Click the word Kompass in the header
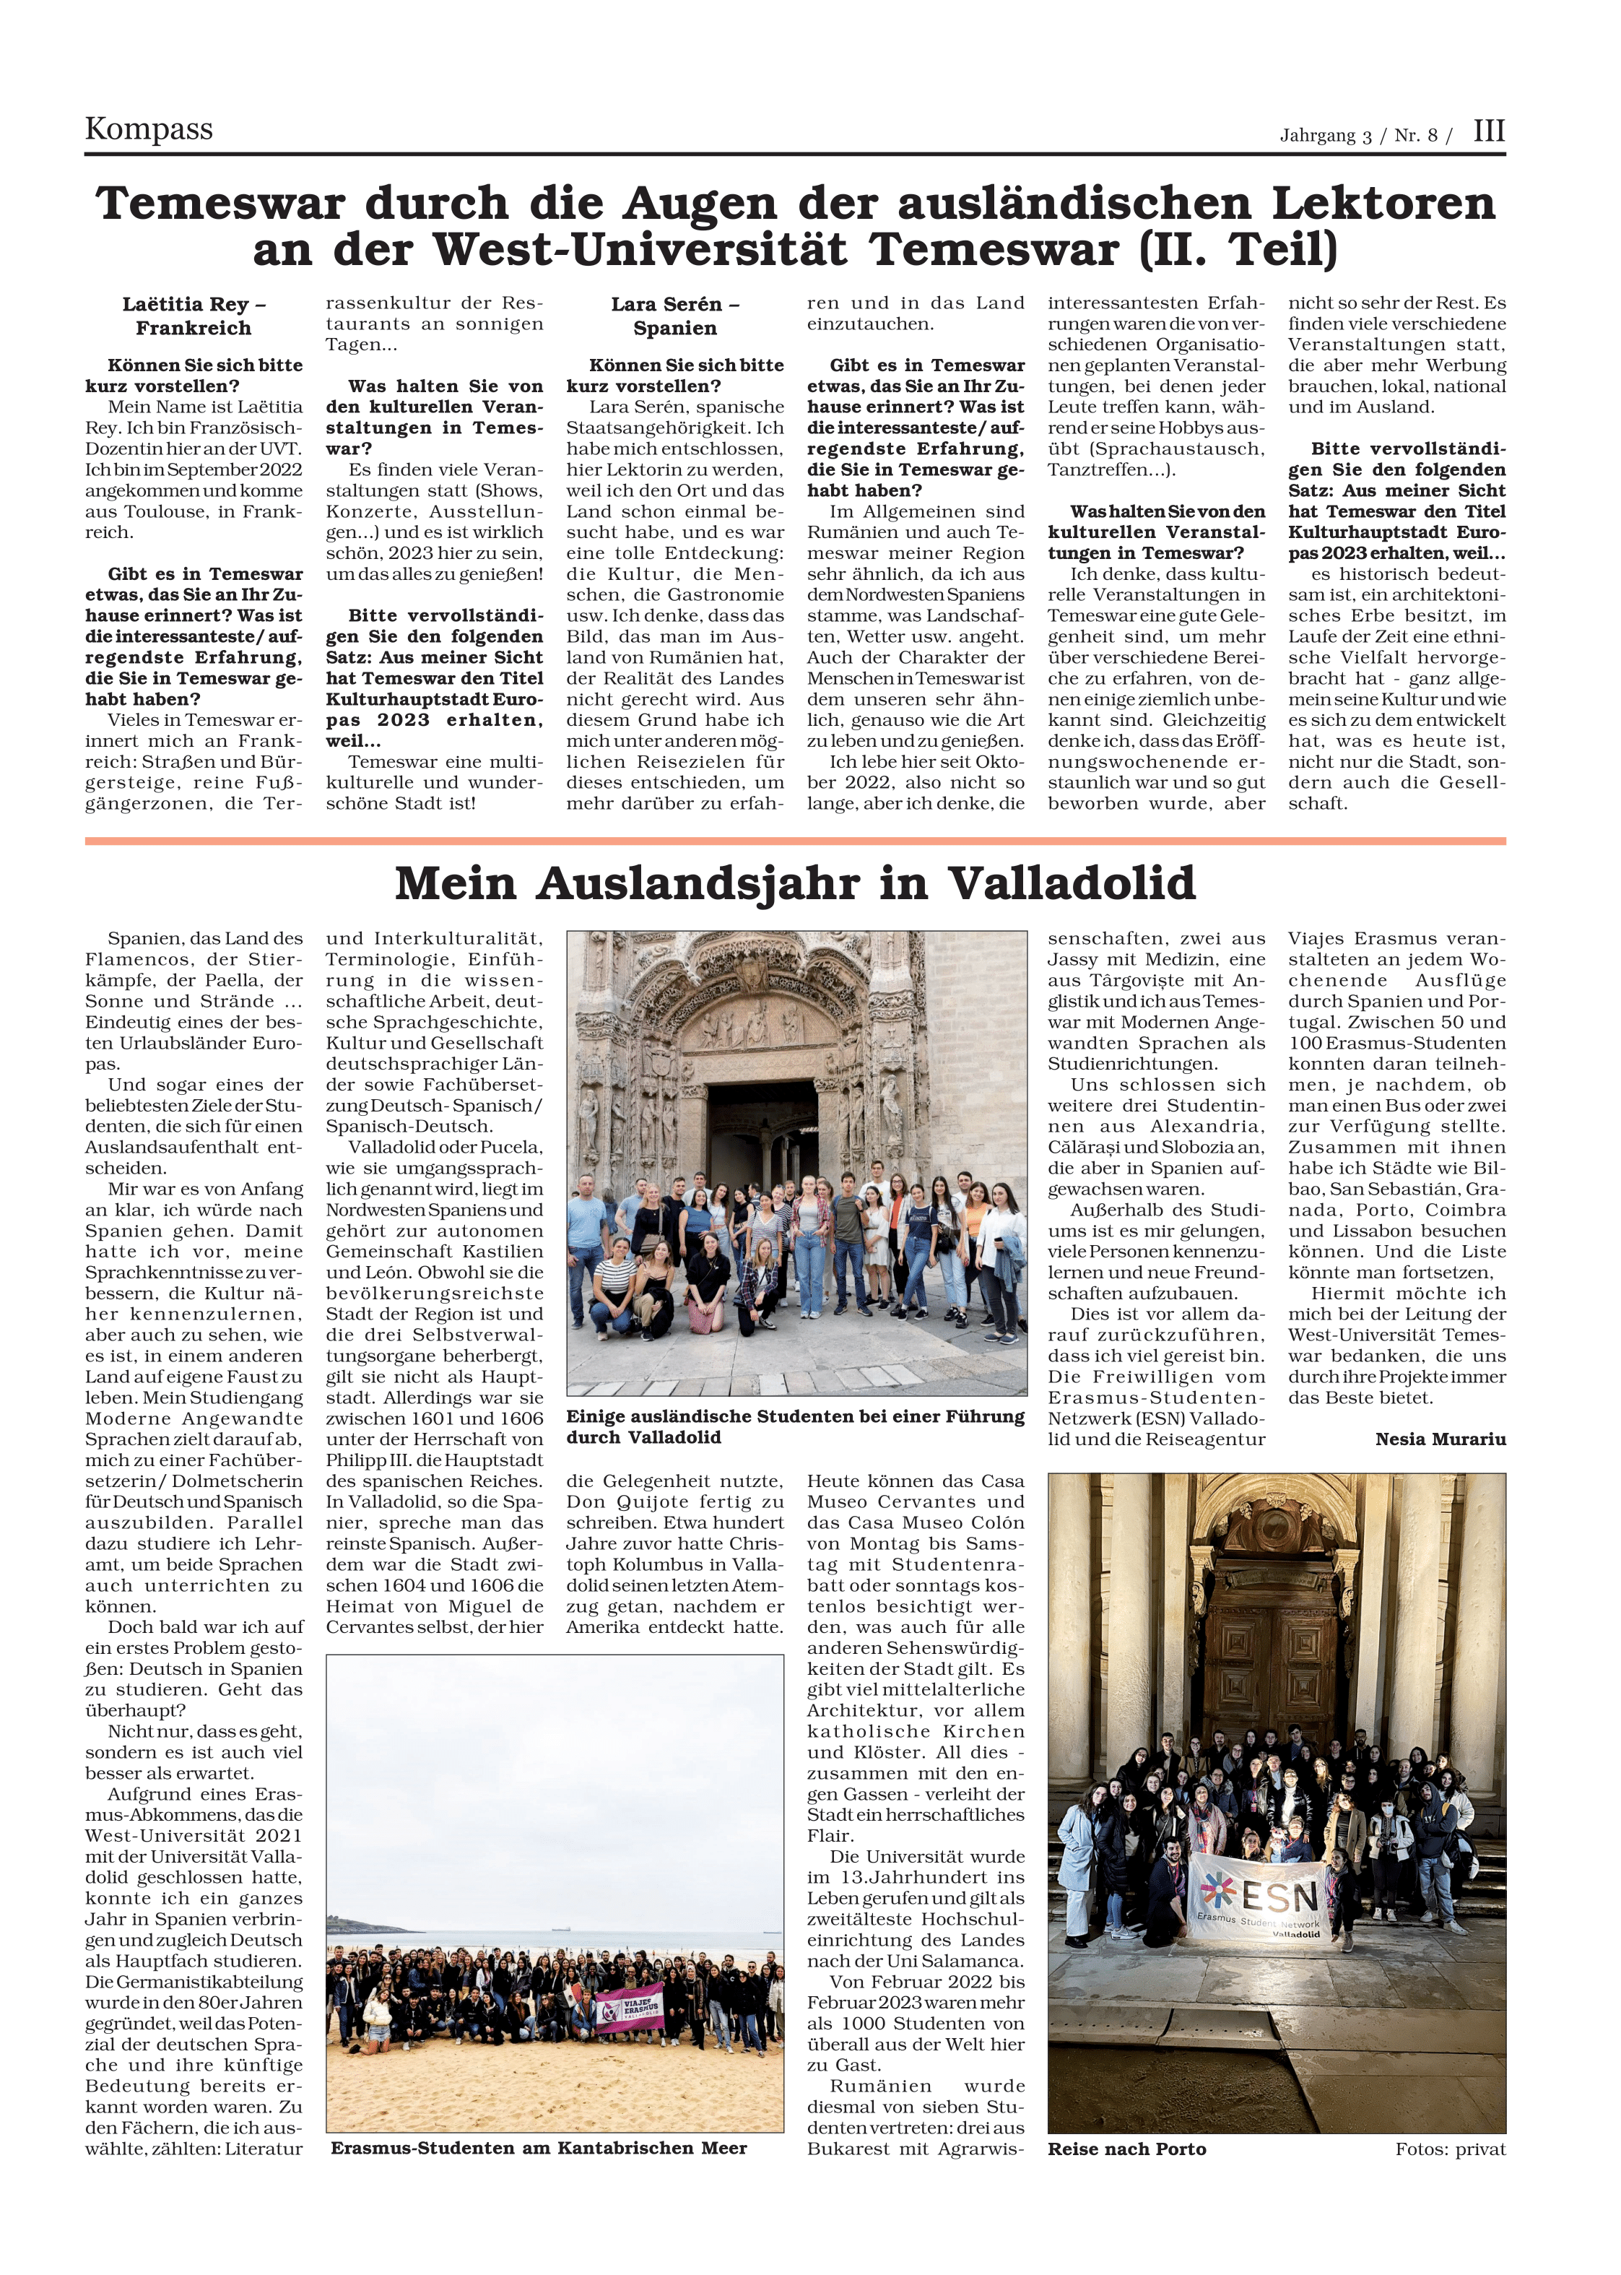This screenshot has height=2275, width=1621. (149, 130)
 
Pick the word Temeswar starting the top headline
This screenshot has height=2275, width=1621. (220, 204)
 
